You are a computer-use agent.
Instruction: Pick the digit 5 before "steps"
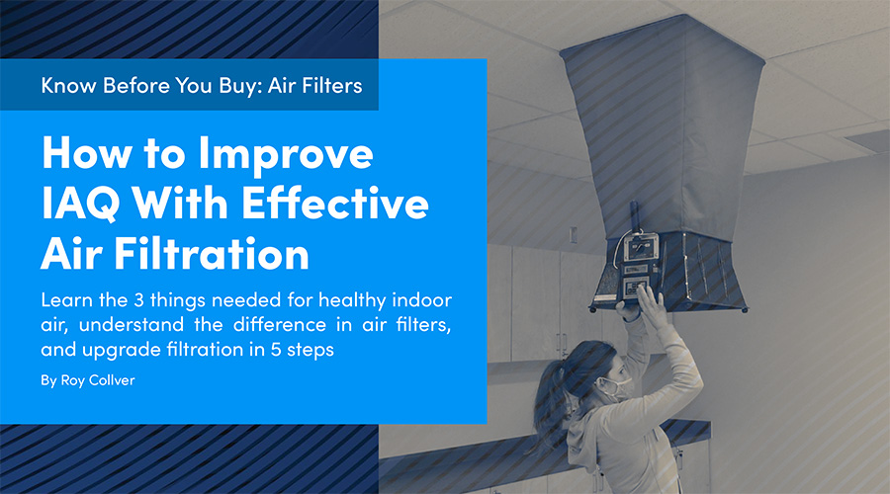(276, 350)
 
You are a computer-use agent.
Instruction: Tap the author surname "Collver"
(114, 380)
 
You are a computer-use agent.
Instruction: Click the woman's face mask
(616, 389)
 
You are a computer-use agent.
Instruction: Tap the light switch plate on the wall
(573, 235)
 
